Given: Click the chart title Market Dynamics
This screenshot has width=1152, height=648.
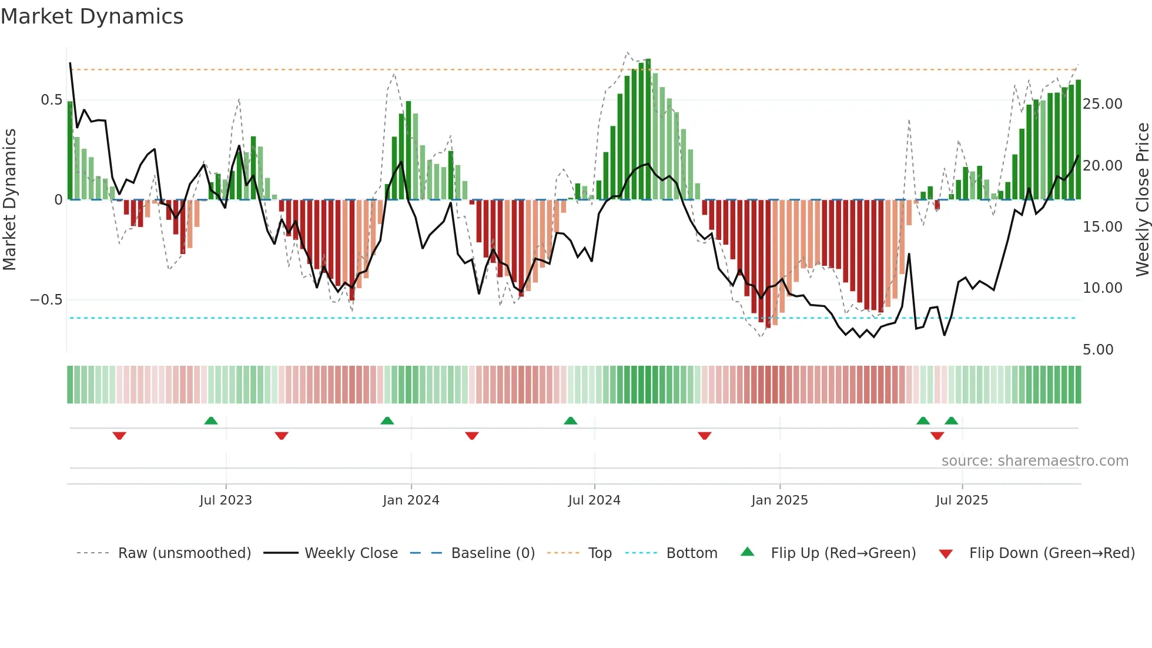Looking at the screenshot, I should (x=92, y=16).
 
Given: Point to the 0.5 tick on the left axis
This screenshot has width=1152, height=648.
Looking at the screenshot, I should (x=51, y=100).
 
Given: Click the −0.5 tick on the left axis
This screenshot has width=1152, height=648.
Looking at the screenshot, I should (x=46, y=300).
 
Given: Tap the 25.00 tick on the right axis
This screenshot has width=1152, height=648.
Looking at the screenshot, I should (x=1102, y=104).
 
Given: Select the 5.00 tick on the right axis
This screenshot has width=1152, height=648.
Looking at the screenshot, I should (x=1098, y=350).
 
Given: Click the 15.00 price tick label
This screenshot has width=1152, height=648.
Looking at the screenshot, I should (x=1102, y=227).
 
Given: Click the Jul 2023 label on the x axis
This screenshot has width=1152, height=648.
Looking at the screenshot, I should (x=225, y=500).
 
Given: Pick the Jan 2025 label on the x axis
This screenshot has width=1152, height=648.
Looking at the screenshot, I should (x=779, y=500).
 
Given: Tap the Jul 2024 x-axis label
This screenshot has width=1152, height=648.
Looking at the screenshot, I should (x=594, y=500).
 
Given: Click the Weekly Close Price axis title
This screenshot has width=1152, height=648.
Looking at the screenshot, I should (x=1142, y=200).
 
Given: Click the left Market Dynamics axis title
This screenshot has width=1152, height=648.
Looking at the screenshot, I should (x=10, y=200).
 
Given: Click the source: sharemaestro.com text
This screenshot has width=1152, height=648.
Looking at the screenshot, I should (x=1034, y=461).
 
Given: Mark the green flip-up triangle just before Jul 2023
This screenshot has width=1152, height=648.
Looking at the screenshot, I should (x=211, y=420).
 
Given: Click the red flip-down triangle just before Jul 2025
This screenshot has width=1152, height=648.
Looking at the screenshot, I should (x=937, y=436).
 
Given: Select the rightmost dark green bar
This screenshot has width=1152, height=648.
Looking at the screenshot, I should (x=1078, y=140).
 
